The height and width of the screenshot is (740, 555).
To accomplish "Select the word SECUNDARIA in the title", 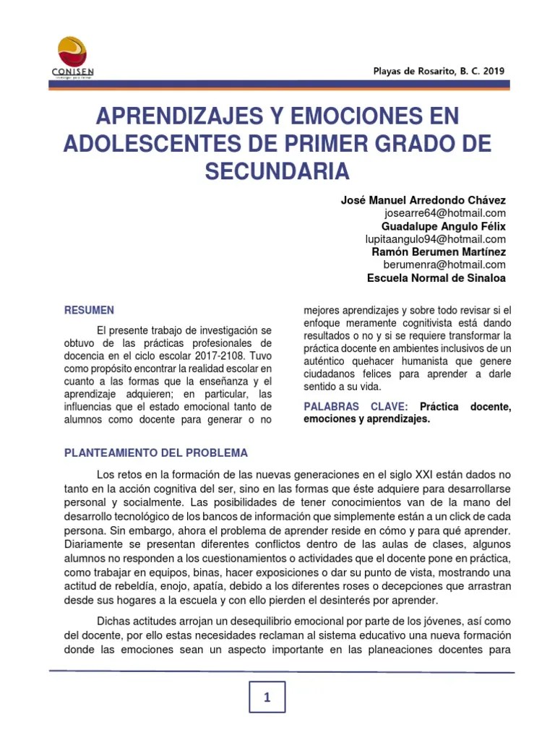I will pyautogui.click(x=277, y=171).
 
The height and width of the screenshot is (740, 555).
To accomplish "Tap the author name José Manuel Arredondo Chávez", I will pyautogui.click(x=423, y=200).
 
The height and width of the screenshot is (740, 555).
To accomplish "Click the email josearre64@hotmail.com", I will pyautogui.click(x=445, y=213).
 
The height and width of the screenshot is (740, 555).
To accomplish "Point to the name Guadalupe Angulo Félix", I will pyautogui.click(x=444, y=226).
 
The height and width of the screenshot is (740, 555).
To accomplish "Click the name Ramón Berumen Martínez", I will pyautogui.click(x=439, y=252).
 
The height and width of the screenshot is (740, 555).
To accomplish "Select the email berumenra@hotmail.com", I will pyautogui.click(x=444, y=265).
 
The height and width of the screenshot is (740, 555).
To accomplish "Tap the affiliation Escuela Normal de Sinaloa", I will pyautogui.click(x=436, y=278).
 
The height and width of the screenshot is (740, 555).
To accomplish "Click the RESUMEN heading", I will pyautogui.click(x=90, y=310).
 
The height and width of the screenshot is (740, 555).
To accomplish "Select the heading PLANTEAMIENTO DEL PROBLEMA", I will pyautogui.click(x=156, y=453).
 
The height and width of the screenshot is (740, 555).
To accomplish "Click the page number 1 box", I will pyautogui.click(x=267, y=697).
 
